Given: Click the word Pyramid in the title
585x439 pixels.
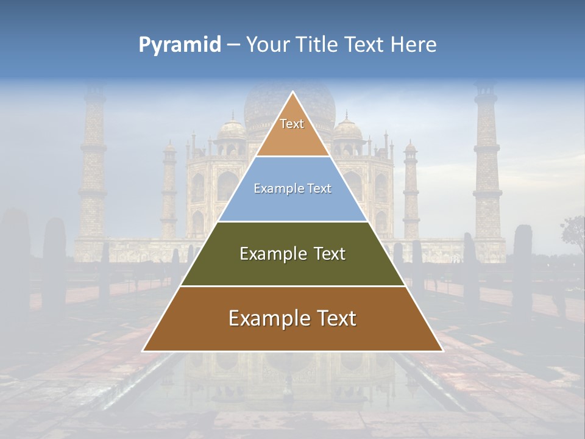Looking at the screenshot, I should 180,45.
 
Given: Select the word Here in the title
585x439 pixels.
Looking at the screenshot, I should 413,45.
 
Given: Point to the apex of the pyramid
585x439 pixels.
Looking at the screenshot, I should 292,93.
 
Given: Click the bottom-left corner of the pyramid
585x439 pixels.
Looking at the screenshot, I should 144,351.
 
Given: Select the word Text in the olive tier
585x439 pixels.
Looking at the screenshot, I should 330,254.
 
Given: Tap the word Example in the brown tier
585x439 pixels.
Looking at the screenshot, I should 268,318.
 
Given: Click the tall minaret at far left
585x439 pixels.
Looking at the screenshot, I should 93,165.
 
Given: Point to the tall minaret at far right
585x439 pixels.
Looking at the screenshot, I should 487,165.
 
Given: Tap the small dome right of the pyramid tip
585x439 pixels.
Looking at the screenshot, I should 347,129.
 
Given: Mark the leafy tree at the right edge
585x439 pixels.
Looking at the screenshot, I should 574,232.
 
